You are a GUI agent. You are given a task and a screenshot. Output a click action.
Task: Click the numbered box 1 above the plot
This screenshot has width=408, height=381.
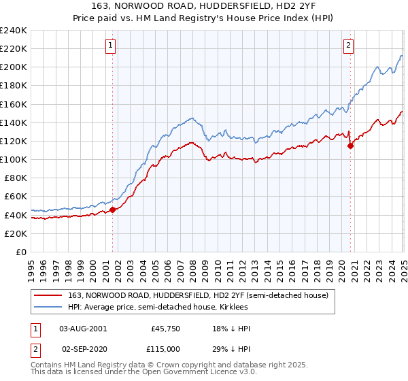(110, 46)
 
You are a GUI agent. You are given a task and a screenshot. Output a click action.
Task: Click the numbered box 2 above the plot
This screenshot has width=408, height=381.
(348, 46)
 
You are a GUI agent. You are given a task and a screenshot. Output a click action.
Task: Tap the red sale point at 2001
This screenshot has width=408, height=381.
(113, 210)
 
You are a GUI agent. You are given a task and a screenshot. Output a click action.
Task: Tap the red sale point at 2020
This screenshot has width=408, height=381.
(351, 145)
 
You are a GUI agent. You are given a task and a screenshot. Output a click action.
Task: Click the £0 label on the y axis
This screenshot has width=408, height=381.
(20, 252)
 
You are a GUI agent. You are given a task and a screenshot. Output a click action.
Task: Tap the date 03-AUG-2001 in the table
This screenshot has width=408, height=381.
(83, 329)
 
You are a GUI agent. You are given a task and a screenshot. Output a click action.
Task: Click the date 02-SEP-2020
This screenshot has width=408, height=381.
(83, 348)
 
